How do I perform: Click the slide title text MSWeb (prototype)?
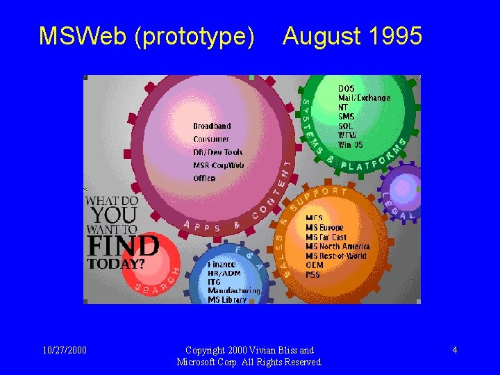(x=147, y=36)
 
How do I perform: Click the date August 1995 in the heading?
(x=352, y=36)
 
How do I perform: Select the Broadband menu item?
(x=212, y=126)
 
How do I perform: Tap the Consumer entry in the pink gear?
(x=211, y=140)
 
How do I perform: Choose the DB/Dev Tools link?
(x=218, y=152)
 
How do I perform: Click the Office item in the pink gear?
(x=204, y=178)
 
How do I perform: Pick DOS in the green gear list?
(x=346, y=89)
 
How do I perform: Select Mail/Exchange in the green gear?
(x=364, y=98)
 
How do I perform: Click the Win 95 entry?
(x=351, y=144)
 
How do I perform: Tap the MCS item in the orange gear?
(x=314, y=218)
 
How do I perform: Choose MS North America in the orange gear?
(x=337, y=247)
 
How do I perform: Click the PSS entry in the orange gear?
(x=312, y=274)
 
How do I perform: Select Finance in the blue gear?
(x=222, y=265)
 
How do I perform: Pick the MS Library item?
(x=227, y=300)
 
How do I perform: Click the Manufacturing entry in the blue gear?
(x=234, y=291)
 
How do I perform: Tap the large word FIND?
(x=123, y=246)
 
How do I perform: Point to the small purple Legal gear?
(x=403, y=189)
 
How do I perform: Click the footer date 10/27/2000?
(x=63, y=350)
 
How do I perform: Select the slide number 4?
(x=454, y=350)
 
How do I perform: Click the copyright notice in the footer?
(x=249, y=356)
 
